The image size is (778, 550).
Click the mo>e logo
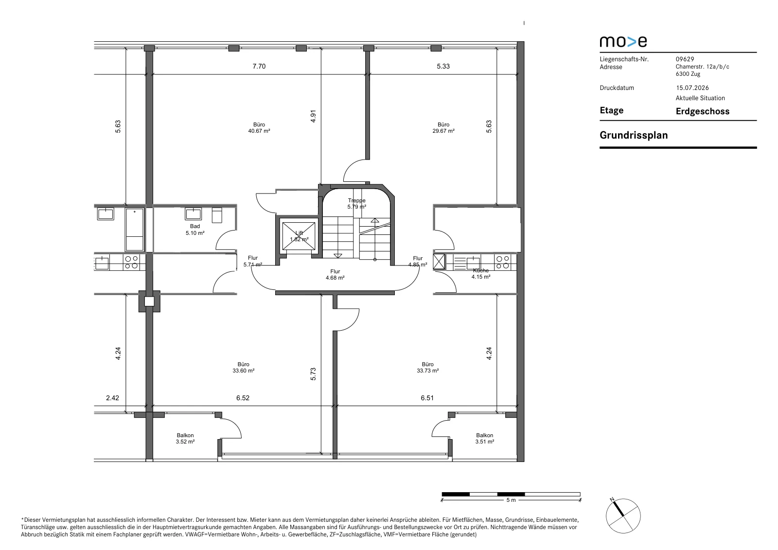click(x=623, y=42)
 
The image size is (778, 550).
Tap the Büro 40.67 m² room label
click(x=259, y=127)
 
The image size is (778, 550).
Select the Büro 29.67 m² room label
click(x=443, y=127)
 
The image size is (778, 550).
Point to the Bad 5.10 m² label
click(x=195, y=230)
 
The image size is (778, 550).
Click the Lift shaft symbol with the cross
click(x=299, y=236)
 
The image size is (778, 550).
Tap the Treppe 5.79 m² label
click(x=357, y=204)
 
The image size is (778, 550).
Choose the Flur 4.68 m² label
click(x=335, y=274)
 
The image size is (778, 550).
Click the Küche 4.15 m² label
click(x=481, y=273)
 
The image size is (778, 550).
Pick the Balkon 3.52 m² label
click(x=185, y=439)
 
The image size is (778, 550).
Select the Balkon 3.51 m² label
click(x=484, y=439)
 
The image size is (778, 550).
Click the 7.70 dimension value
click(x=259, y=66)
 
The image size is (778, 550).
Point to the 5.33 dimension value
click(x=443, y=66)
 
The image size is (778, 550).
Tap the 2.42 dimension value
click(x=112, y=398)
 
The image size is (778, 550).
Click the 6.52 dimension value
click(x=243, y=398)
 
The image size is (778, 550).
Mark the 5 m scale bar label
click(x=511, y=500)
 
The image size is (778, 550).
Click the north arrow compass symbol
click(x=623, y=516)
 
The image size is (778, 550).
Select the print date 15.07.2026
click(x=692, y=88)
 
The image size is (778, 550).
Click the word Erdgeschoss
click(x=703, y=111)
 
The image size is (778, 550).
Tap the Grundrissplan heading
click(x=634, y=135)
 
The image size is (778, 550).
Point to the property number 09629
click(x=685, y=59)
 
